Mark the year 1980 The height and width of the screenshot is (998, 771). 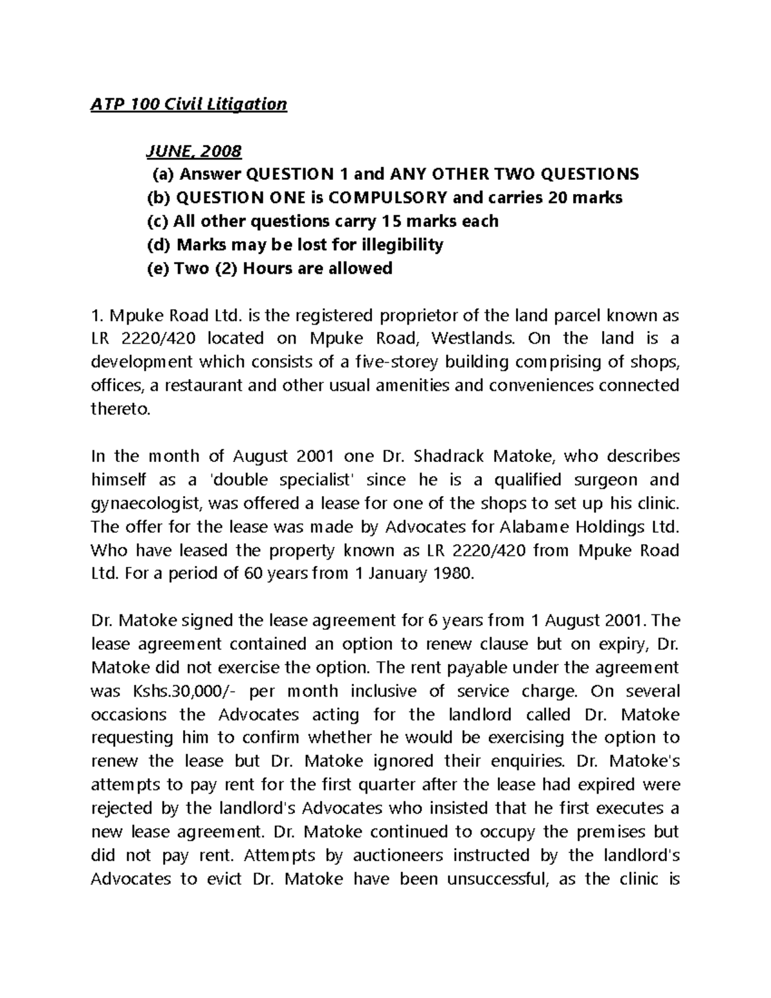[x=453, y=574]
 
